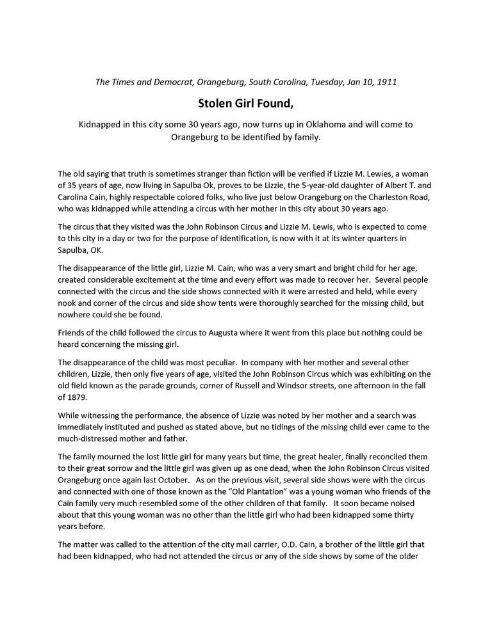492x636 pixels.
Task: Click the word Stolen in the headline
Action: [x=217, y=103]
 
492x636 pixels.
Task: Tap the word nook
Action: [x=67, y=305]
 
